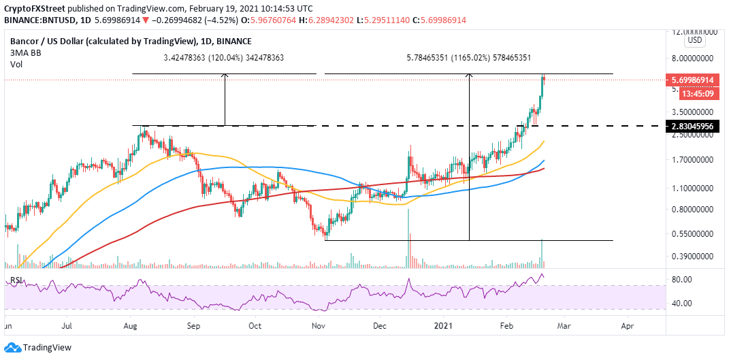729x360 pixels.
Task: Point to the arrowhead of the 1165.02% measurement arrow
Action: click(469, 76)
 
